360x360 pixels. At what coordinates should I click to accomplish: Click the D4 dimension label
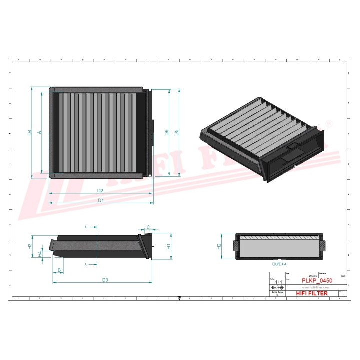[30, 132]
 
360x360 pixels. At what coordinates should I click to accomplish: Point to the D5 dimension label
[177, 132]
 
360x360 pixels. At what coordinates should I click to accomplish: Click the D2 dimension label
[100, 191]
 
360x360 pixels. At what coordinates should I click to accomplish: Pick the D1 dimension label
[100, 200]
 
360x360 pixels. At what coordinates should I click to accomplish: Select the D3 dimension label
[105, 280]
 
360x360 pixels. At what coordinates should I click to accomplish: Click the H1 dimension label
[169, 246]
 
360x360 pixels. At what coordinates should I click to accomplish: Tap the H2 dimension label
[219, 246]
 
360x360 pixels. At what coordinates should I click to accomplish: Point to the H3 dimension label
[30, 246]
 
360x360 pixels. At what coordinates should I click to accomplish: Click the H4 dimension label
[40, 254]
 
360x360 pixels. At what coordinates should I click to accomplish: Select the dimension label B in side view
[59, 270]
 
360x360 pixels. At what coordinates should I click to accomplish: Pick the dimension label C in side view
[148, 228]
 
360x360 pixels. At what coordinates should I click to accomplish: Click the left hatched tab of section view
[236, 246]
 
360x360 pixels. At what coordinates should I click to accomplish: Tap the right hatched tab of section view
[323, 246]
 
